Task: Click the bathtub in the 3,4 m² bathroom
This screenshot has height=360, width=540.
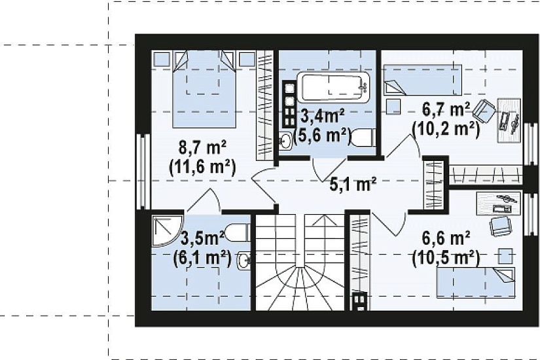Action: point(333,87)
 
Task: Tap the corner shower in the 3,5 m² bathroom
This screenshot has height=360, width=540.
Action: point(167,231)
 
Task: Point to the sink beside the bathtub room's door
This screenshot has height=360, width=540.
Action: point(285,140)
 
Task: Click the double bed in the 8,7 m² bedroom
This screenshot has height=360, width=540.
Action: point(204,89)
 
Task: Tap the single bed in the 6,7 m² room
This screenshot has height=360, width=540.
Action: point(423,80)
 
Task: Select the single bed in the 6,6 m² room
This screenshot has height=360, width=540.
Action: point(476,282)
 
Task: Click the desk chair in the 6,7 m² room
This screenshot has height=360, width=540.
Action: point(484,110)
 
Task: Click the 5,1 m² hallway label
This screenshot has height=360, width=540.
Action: point(353,185)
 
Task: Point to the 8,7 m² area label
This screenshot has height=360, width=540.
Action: point(202,148)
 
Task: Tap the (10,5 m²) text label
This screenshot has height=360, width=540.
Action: point(446,259)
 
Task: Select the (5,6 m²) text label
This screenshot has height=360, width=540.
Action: point(323,135)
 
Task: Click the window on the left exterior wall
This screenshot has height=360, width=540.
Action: point(143,171)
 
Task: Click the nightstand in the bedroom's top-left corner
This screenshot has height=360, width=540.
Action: point(162,59)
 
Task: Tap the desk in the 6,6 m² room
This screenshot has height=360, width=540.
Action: point(498,204)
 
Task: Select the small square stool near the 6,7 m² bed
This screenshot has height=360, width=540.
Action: point(393,107)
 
